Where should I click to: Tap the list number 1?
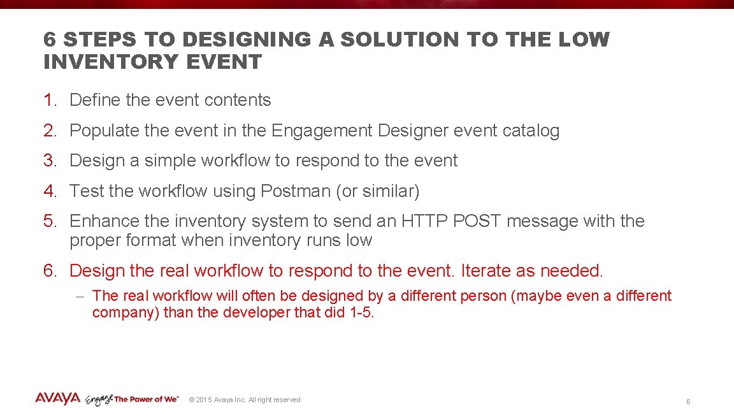click(50, 100)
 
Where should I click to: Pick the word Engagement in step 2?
click(322, 131)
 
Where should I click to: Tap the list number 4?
click(50, 191)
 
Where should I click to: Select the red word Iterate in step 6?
click(486, 271)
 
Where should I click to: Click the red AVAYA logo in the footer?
click(57, 398)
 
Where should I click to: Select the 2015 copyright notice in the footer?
click(245, 400)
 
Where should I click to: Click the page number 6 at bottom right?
click(688, 402)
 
